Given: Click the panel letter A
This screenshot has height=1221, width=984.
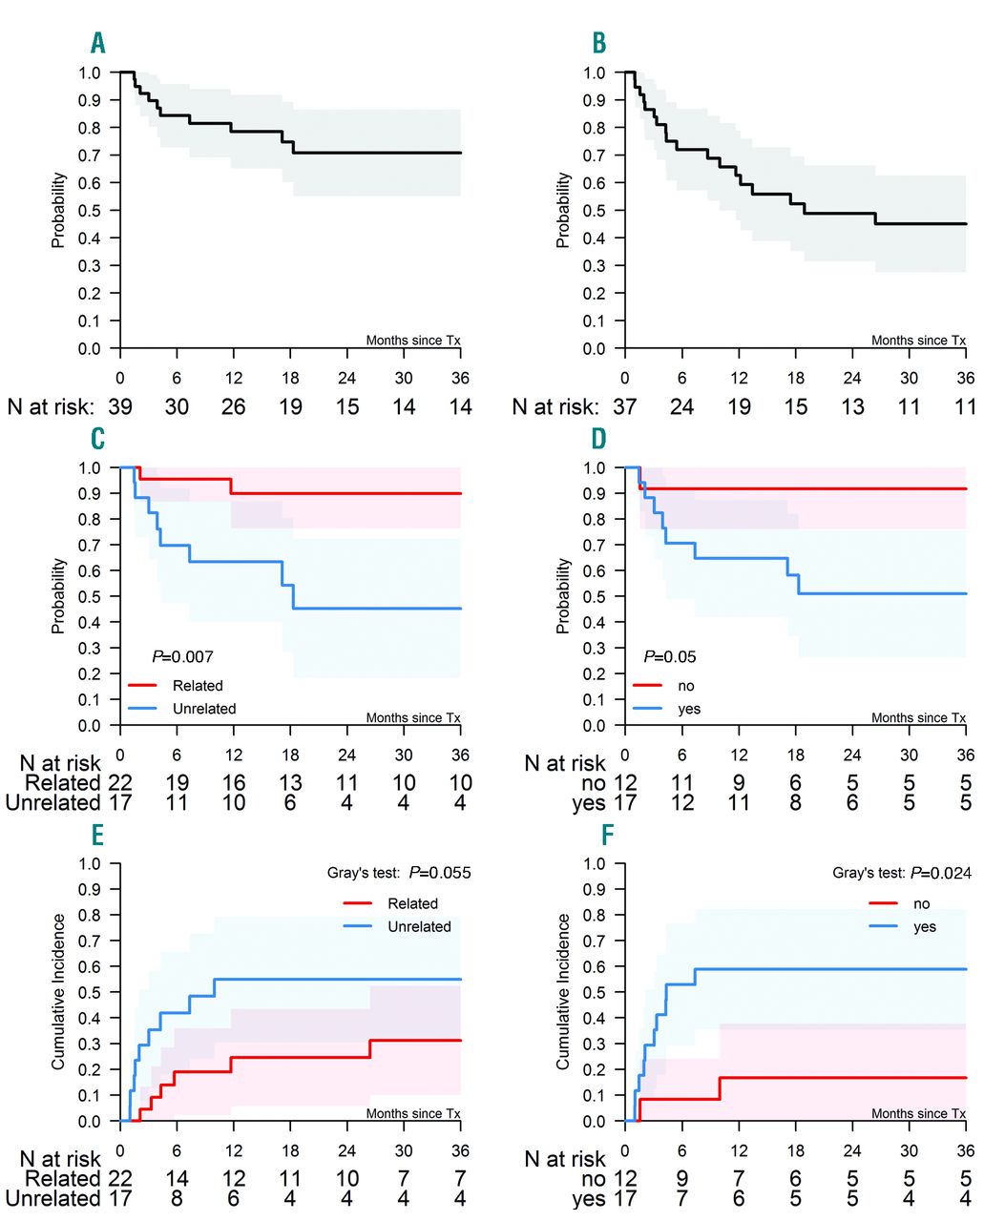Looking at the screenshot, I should pyautogui.click(x=97, y=43).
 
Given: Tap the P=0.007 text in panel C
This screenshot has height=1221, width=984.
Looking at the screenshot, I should pyautogui.click(x=182, y=656).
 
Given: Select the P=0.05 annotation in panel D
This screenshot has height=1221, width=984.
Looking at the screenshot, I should pyautogui.click(x=670, y=656).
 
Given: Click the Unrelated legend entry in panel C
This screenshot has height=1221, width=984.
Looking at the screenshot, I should pyautogui.click(x=204, y=709).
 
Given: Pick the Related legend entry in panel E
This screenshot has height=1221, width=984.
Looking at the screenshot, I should pyautogui.click(x=412, y=903).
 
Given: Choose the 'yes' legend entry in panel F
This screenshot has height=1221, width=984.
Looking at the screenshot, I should pyautogui.click(x=925, y=926).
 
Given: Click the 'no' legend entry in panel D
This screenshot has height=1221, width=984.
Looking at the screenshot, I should pyautogui.click(x=685, y=686).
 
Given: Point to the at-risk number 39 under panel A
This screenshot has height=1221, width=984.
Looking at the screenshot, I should pyautogui.click(x=119, y=407).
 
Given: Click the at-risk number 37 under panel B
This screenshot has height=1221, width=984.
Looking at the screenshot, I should pyautogui.click(x=624, y=407).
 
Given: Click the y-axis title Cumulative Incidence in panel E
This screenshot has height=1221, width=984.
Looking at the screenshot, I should pyautogui.click(x=59, y=991).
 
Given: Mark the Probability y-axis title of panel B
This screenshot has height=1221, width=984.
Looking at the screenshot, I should pyautogui.click(x=563, y=210).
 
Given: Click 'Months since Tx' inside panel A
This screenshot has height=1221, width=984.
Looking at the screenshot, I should pyautogui.click(x=413, y=341).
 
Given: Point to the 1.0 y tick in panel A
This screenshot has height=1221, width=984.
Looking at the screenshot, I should pyautogui.click(x=89, y=72).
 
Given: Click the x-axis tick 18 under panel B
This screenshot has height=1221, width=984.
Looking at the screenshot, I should pyautogui.click(x=795, y=378).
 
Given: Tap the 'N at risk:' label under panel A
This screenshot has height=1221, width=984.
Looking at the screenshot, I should pyautogui.click(x=51, y=407).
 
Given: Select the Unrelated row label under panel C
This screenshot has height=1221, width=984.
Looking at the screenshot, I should pyautogui.click(x=52, y=802).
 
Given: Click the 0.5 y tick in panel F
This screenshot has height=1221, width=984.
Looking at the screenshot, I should pyautogui.click(x=594, y=993).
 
